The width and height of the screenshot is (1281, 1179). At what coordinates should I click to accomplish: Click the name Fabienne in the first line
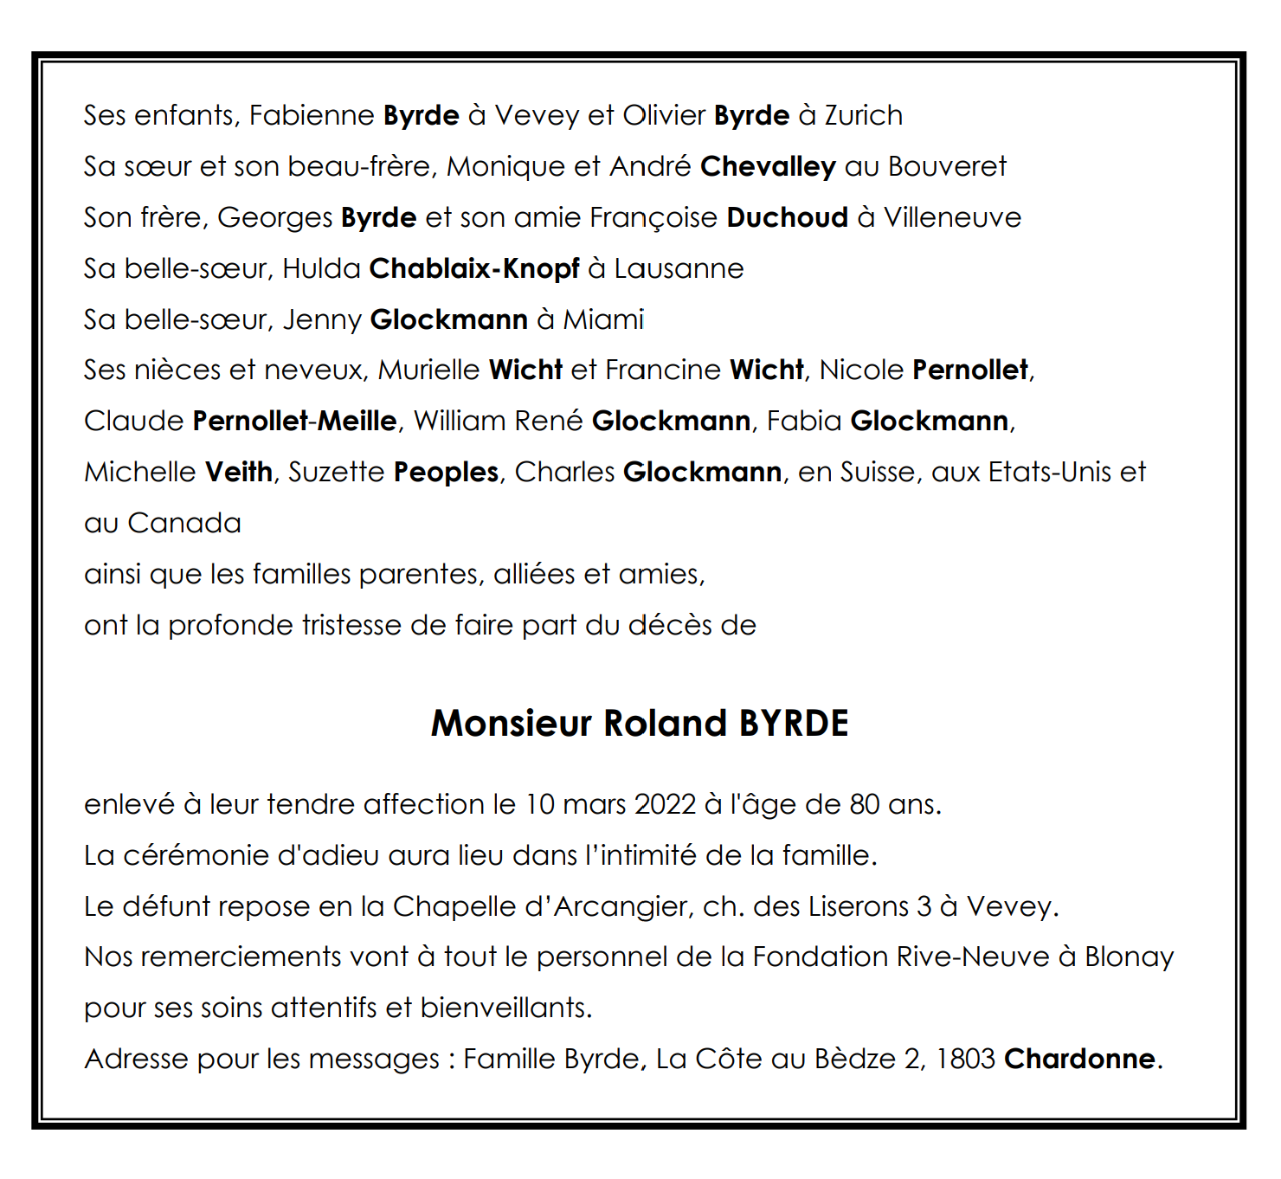click(312, 115)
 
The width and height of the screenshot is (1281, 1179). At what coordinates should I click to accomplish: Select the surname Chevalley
click(768, 166)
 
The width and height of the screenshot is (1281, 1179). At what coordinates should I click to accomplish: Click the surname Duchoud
click(787, 217)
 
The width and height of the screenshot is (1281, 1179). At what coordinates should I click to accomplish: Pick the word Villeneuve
click(952, 217)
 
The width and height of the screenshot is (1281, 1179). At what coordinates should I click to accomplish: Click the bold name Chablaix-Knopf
click(474, 268)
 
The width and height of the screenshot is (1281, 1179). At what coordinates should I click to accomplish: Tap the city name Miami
click(603, 319)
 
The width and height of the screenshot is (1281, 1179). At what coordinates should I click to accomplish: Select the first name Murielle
click(428, 370)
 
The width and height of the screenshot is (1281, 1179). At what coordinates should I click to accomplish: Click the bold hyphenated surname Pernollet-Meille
click(294, 421)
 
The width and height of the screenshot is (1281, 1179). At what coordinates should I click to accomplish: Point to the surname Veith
click(239, 472)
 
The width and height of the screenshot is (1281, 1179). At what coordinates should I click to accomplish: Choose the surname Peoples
click(446, 472)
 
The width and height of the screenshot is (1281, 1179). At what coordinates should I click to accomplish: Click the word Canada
click(184, 523)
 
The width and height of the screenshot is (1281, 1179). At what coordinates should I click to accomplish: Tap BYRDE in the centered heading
click(793, 724)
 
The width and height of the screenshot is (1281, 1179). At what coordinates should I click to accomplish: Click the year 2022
click(665, 804)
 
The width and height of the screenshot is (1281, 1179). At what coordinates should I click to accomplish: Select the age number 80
click(864, 804)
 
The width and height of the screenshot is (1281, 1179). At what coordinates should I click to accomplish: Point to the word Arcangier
click(621, 906)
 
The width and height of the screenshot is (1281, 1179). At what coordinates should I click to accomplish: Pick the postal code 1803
click(965, 1059)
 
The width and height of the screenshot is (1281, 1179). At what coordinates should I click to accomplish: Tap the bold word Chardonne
click(1079, 1059)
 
